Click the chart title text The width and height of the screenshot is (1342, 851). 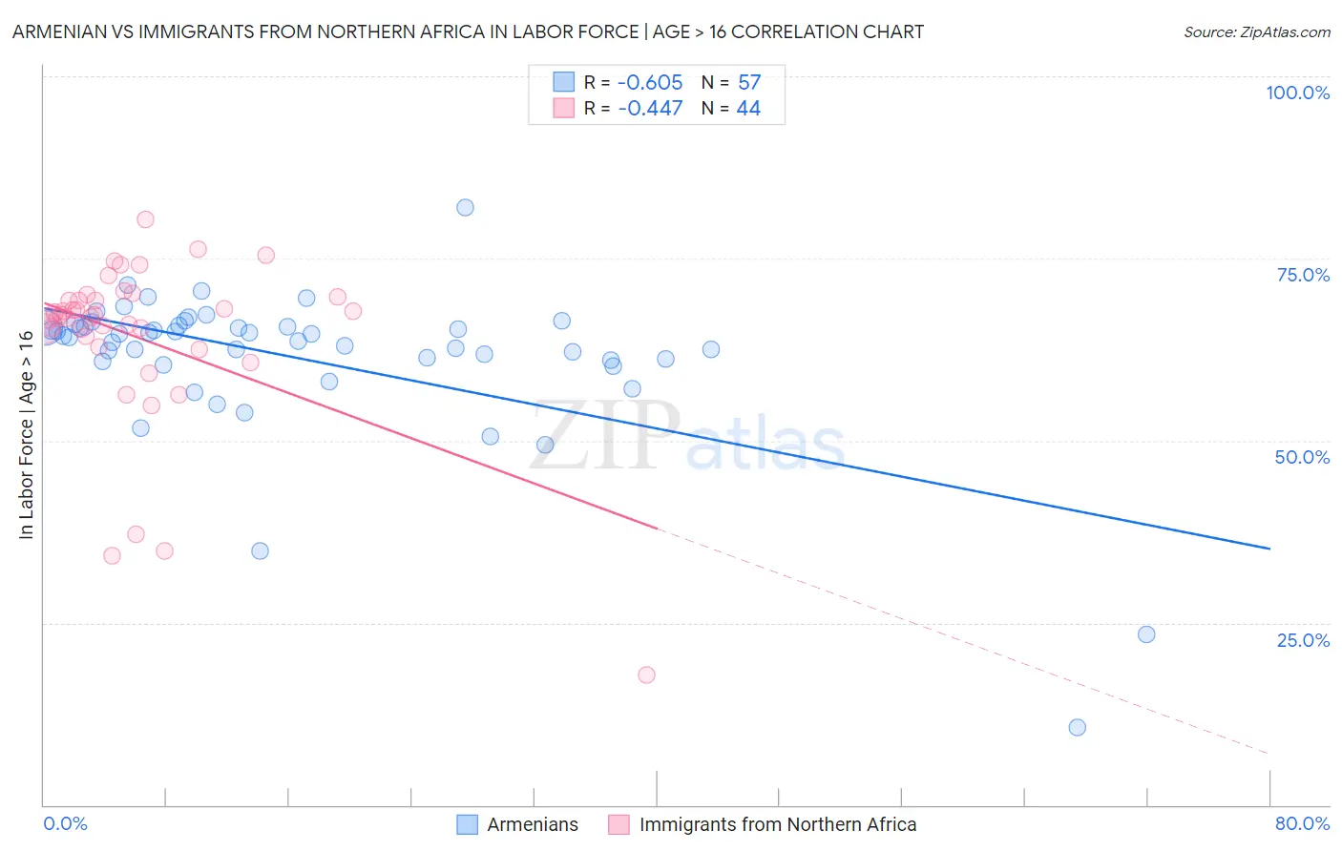tap(468, 31)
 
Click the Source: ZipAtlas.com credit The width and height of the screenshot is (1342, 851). tap(1256, 31)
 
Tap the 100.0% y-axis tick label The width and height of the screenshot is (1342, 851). tap(1297, 93)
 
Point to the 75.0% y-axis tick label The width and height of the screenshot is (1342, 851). tap(1303, 275)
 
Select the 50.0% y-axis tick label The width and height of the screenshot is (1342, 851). tap(1302, 457)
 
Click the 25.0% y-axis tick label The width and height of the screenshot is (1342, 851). tap(1303, 639)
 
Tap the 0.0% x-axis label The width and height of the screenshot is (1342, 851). tap(65, 823)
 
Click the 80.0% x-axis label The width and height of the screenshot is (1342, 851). tap(1302, 823)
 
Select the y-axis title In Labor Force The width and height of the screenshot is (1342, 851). tap(26, 434)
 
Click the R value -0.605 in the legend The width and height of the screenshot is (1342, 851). tap(650, 82)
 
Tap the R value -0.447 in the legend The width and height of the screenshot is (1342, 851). tap(650, 108)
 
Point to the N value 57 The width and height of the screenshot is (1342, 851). tap(749, 82)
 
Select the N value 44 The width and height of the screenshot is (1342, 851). tap(748, 108)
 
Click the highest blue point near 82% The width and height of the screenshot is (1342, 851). tap(465, 207)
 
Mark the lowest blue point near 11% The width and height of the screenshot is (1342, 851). tap(1077, 727)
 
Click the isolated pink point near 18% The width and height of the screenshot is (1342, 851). tap(646, 675)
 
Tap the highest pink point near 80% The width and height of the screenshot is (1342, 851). tap(145, 219)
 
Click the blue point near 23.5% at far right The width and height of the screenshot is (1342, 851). tap(1146, 634)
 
